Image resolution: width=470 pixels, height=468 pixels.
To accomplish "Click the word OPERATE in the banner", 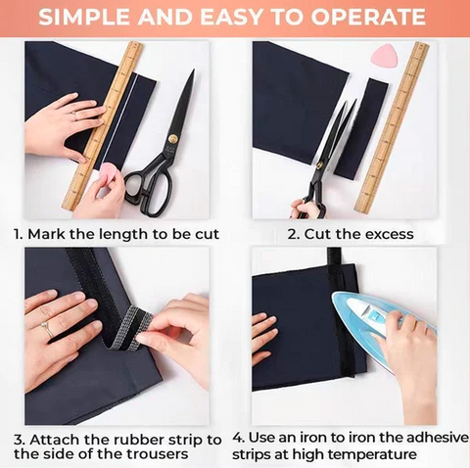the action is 368,17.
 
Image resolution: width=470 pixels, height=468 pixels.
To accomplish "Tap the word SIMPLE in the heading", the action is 83,17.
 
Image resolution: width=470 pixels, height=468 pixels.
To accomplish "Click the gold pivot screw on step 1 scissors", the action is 172,139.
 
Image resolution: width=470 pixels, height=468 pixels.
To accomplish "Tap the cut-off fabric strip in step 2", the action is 361,128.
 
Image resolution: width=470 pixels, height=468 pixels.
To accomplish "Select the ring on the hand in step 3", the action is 47,328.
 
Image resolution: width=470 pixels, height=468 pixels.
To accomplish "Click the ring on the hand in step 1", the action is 74,115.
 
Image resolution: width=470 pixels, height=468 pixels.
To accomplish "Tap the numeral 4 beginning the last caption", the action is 238,438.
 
